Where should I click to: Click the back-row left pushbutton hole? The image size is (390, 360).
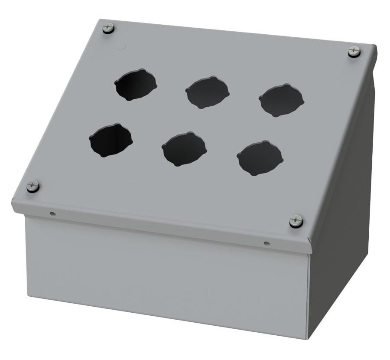click(136, 85)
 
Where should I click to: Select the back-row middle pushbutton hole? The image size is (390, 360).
click(207, 92)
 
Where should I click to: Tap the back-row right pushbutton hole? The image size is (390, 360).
click(281, 100)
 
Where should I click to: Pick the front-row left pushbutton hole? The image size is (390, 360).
click(110, 140)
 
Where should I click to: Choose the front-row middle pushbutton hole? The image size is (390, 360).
click(184, 149)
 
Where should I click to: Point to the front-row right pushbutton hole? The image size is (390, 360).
click(260, 158)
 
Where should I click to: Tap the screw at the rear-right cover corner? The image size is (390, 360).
click(354, 51)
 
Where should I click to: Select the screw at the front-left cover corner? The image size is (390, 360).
click(32, 187)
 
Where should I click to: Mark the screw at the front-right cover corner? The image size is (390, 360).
click(296, 221)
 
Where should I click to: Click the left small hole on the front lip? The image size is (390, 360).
click(52, 213)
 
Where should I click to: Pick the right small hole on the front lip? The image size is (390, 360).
click(266, 244)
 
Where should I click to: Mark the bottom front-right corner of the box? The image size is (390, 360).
click(309, 337)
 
